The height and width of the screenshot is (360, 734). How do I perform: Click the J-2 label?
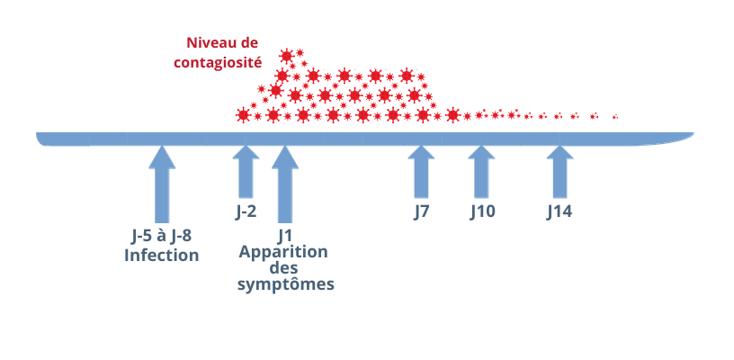[x=246, y=212]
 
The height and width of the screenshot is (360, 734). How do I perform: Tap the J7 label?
[x=421, y=212]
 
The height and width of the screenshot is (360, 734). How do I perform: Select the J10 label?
[x=482, y=212]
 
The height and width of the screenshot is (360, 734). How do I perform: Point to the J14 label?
[x=559, y=212]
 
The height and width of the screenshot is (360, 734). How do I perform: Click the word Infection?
[x=162, y=256]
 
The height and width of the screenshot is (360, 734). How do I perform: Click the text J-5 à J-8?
[x=161, y=237]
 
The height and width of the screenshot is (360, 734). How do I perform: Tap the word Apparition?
[x=283, y=252]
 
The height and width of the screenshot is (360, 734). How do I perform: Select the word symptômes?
[x=285, y=284]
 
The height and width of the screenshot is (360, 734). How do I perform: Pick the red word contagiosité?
[x=218, y=62]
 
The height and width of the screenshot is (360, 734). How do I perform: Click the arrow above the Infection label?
[x=162, y=184]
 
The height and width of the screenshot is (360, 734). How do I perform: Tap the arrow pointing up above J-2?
[x=246, y=171]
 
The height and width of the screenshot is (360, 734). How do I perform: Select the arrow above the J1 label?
[x=285, y=184]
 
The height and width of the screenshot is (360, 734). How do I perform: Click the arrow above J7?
[x=421, y=171]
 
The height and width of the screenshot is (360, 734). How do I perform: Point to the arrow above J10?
[x=482, y=171]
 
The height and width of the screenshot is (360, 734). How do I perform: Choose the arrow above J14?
[x=559, y=171]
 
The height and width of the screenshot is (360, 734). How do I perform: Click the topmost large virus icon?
[x=286, y=56]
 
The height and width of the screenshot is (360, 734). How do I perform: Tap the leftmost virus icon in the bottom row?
[x=244, y=114]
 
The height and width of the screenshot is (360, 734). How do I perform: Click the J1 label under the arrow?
[x=285, y=236]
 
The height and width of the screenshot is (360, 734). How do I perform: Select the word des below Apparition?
[x=283, y=268]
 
